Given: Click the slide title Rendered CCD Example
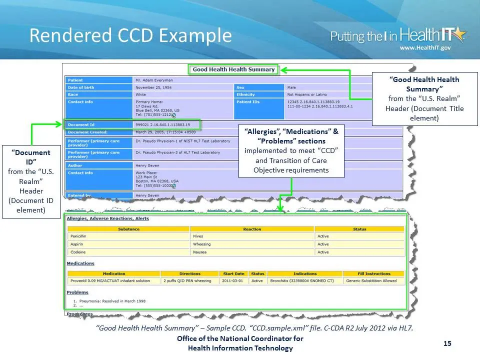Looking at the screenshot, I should click(x=130, y=35).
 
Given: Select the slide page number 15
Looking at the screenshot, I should click(x=447, y=343).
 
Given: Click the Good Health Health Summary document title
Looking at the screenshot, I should click(x=233, y=69).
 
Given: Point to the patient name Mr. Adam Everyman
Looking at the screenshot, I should click(x=154, y=80).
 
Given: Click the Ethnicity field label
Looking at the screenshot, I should click(x=245, y=94).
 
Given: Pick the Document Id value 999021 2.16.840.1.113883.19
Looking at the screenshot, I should click(x=162, y=124).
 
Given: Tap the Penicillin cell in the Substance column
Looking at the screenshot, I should click(x=79, y=236).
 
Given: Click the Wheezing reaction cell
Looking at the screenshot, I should click(x=202, y=244).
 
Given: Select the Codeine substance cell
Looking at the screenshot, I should click(x=78, y=252).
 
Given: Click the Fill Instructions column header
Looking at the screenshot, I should click(x=374, y=273).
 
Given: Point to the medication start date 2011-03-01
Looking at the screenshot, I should click(x=233, y=280).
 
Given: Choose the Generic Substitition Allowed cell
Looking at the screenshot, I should click(x=371, y=280).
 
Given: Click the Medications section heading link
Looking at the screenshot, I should click(x=80, y=263).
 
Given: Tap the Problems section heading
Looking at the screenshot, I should click(x=77, y=292).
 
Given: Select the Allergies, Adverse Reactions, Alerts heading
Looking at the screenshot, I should click(x=107, y=218).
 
